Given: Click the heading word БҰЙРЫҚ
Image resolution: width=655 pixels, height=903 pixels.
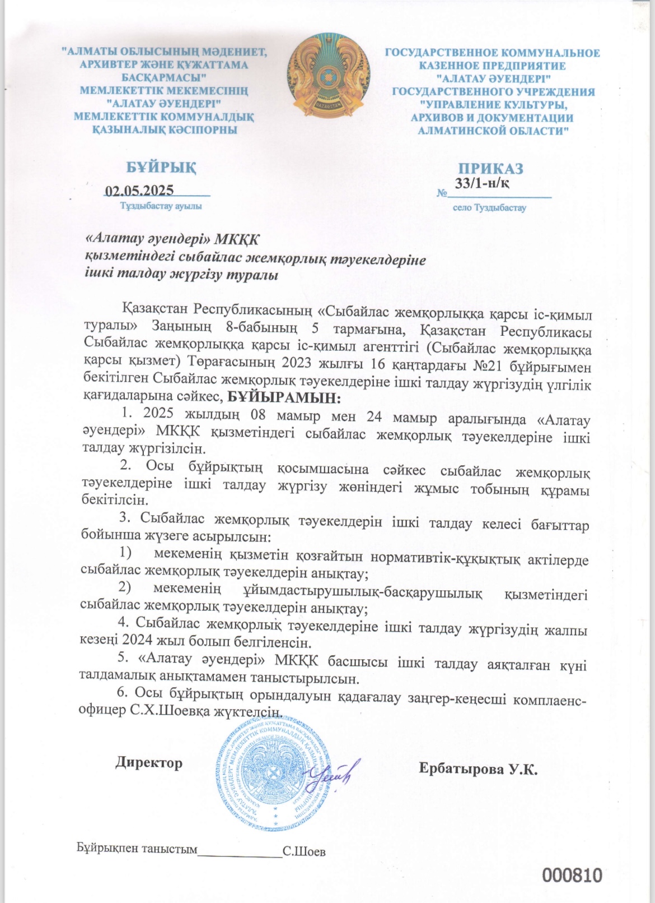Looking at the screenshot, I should (161, 168).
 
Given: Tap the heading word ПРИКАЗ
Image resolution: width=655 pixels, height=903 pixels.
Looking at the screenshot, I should (491, 169).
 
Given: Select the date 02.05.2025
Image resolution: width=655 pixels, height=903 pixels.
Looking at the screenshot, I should (139, 190).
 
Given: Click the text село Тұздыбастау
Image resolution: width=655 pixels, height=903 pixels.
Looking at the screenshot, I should (489, 207).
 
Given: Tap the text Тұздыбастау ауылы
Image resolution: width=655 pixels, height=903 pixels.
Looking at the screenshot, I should (161, 206).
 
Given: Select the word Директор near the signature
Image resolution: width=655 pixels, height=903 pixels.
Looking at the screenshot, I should (149, 763).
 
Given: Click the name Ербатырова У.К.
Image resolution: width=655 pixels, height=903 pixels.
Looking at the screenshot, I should (478, 768).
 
